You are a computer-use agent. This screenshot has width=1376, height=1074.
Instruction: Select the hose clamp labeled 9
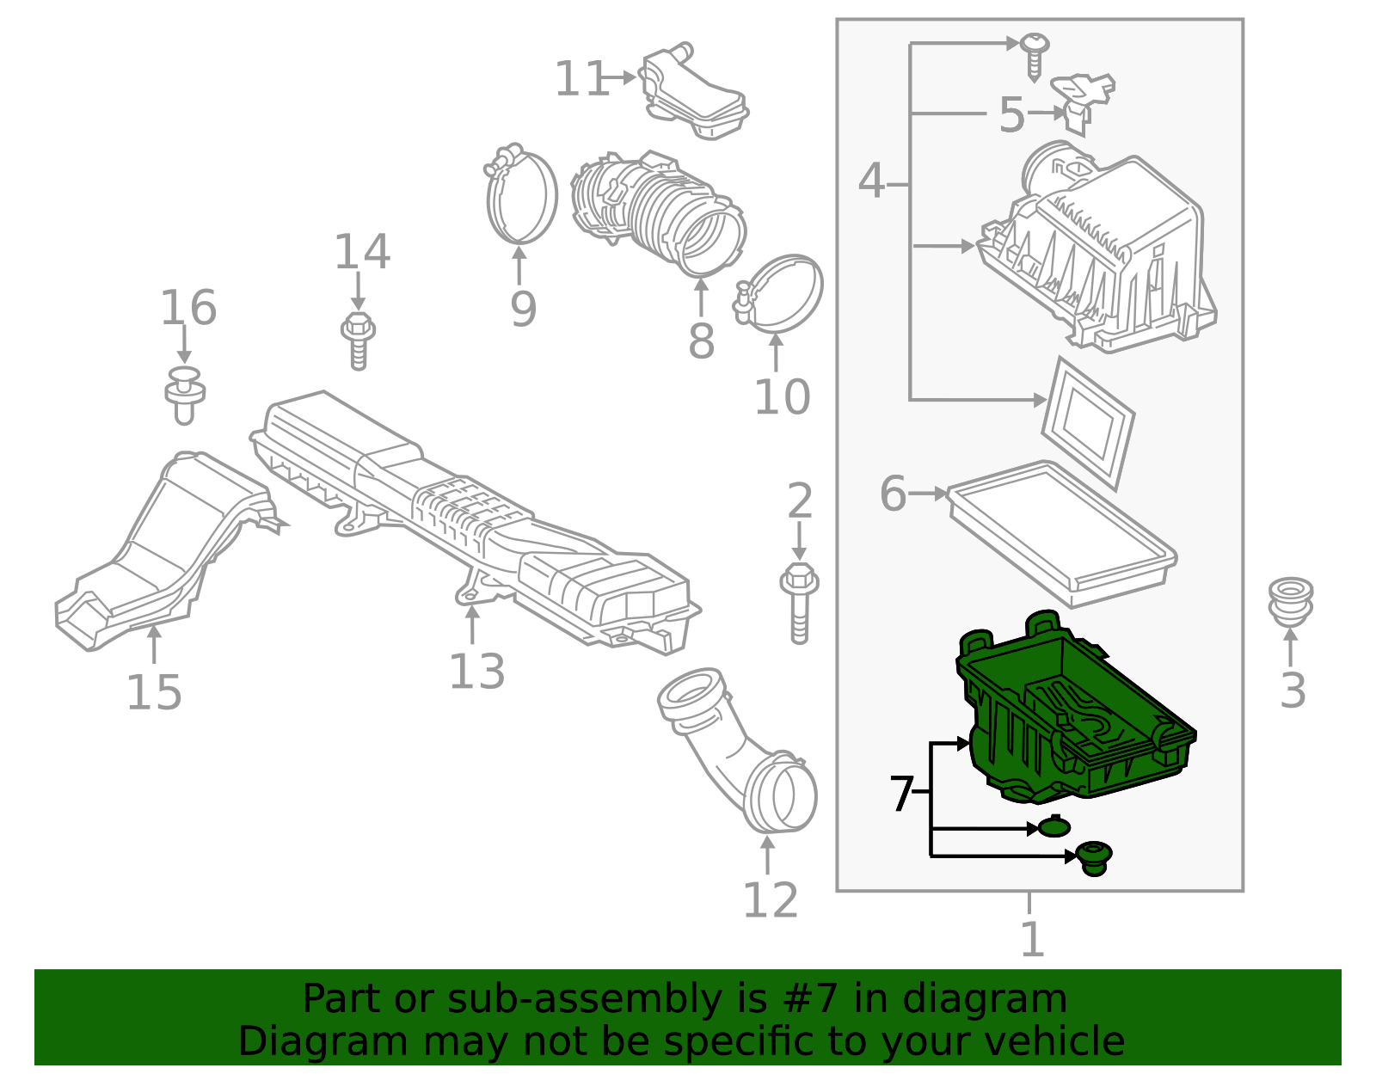[521, 196]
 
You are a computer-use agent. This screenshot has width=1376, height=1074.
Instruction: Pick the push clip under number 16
[184, 396]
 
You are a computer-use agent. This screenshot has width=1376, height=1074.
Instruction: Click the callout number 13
[476, 672]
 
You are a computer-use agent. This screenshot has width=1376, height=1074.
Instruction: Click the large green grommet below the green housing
[1093, 857]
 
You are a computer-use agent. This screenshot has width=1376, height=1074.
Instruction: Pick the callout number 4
[870, 181]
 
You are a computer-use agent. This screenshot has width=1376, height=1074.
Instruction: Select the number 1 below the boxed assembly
[1030, 939]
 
